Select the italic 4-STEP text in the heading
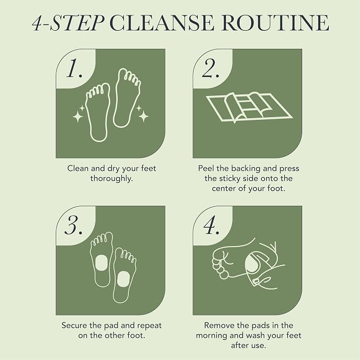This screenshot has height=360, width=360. [68, 22]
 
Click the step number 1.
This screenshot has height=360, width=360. [74, 68]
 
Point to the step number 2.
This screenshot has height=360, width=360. [210, 68]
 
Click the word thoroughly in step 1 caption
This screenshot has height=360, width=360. [111, 179]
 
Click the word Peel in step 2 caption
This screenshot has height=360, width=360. [206, 169]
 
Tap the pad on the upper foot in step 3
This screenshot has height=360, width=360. [101, 264]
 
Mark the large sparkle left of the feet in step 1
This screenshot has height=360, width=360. [78, 117]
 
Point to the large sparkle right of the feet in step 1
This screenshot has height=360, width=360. [144, 116]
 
